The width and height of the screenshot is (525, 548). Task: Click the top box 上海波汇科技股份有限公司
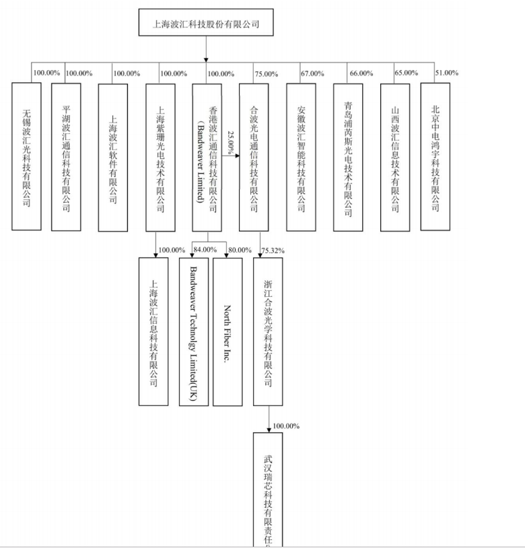coord(205,23)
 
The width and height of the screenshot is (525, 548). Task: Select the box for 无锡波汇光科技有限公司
coord(27,156)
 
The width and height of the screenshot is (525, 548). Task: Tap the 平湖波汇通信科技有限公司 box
coord(66,156)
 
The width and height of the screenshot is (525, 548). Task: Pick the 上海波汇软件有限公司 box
coord(112,157)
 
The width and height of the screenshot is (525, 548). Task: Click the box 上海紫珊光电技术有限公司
coord(160,157)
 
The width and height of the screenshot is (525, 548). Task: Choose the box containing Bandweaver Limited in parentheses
coord(207,157)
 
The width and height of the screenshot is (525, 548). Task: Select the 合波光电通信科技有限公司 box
coord(254,157)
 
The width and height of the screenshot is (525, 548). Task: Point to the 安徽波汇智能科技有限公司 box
coord(301,157)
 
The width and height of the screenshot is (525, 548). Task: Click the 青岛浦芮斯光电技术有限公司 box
coord(348,157)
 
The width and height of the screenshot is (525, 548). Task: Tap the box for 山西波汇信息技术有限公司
coord(395,157)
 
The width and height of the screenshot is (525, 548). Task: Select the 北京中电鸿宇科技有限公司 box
coord(435,156)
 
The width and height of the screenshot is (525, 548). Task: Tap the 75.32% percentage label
coord(273,250)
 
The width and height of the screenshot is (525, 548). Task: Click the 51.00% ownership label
coord(446,73)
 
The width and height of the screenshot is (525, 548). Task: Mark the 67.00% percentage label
coord(312,73)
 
